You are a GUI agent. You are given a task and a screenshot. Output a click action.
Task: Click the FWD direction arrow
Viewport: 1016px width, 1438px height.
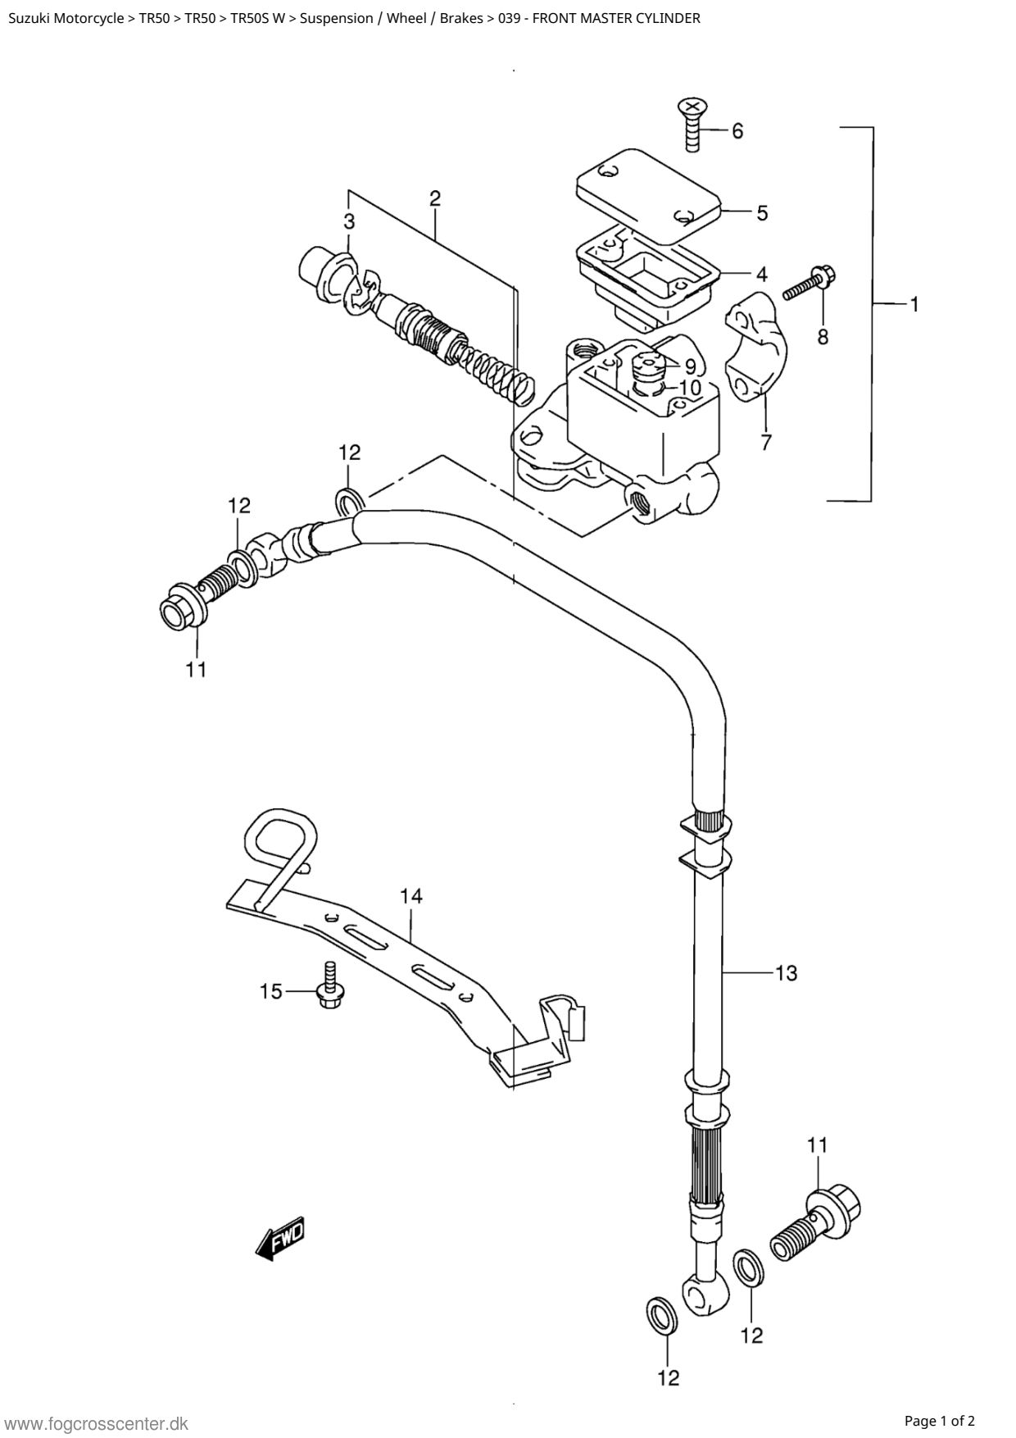(x=280, y=1238)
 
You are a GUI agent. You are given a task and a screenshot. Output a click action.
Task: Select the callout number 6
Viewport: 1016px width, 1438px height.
(x=737, y=130)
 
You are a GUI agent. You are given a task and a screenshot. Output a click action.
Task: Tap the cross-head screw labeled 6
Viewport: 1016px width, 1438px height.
(x=693, y=124)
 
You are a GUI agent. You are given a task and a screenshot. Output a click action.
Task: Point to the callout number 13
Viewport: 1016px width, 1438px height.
(x=786, y=973)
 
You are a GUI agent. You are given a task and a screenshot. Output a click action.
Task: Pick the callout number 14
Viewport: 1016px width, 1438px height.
(x=411, y=896)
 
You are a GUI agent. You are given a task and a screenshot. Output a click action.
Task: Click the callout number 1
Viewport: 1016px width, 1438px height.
(x=914, y=304)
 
